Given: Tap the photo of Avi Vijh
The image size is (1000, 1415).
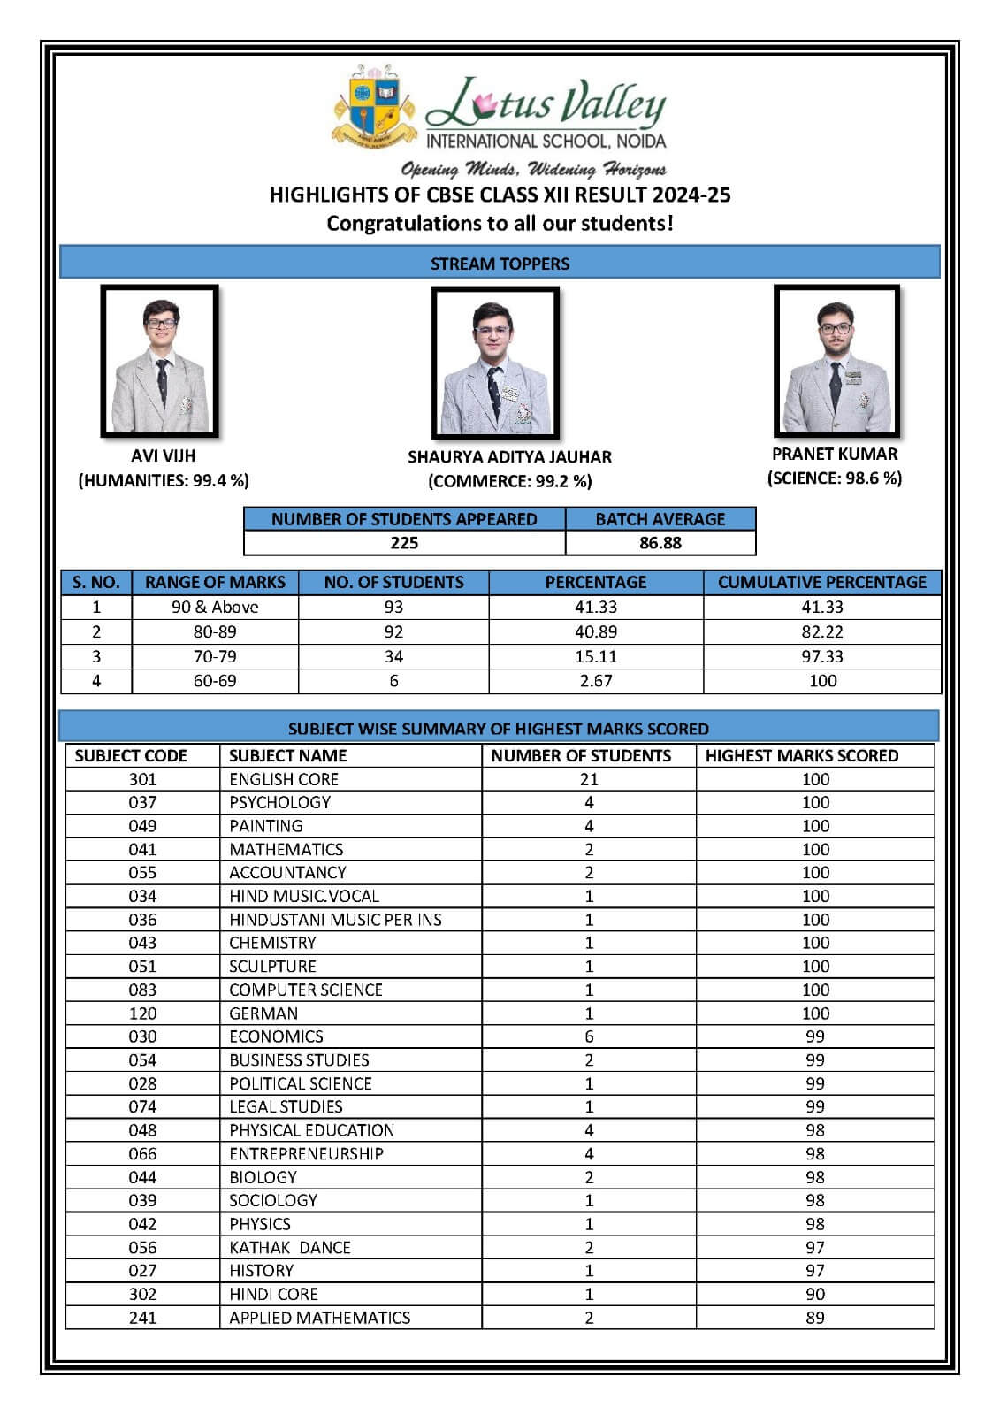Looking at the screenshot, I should (x=160, y=361).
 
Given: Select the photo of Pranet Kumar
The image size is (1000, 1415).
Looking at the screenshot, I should (x=836, y=360).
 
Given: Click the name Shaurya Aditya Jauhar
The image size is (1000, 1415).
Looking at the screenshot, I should (x=509, y=457).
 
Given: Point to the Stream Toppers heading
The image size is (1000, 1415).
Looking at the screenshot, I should (x=500, y=264).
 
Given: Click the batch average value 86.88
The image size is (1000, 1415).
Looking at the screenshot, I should (x=660, y=543).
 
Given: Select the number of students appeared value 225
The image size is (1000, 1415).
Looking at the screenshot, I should (x=404, y=543).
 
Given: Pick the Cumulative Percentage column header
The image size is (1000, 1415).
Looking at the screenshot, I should (x=821, y=582).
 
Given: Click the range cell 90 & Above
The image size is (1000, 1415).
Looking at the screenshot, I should (x=215, y=608).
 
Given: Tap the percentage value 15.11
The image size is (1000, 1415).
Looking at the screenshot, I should (x=596, y=656).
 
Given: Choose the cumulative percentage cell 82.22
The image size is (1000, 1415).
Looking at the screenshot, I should (x=822, y=631).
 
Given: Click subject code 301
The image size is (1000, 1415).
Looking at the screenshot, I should (x=142, y=779).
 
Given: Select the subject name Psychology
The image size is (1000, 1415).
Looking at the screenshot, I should (x=279, y=802).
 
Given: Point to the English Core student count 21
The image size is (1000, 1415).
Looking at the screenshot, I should (x=589, y=779).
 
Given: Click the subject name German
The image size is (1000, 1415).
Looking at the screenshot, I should (x=263, y=1013).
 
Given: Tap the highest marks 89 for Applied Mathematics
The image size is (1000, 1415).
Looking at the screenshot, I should (x=815, y=1318).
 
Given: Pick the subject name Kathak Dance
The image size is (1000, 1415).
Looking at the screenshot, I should (x=290, y=1248).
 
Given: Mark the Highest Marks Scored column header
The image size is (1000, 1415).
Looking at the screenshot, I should (x=801, y=755).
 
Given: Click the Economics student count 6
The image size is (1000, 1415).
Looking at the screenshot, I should (x=589, y=1036).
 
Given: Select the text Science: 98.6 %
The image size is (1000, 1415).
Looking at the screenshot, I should (x=835, y=478).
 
